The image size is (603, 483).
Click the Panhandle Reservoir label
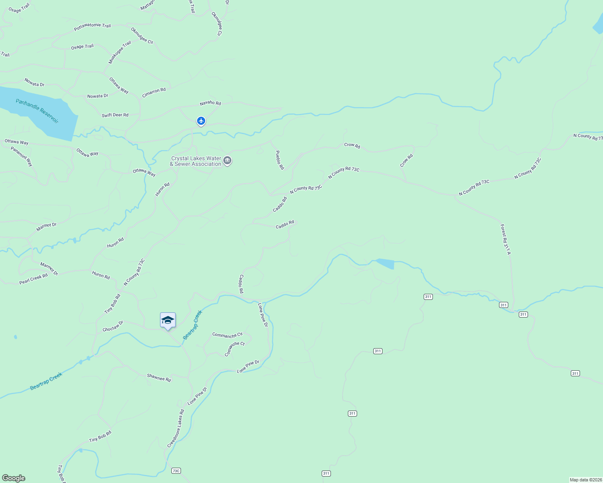click(x=37, y=111)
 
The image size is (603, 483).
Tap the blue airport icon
click(x=201, y=121)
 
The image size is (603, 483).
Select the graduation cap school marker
click(x=168, y=320)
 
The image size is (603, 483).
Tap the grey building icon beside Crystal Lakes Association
click(x=228, y=161)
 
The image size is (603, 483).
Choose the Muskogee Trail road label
click(x=120, y=53)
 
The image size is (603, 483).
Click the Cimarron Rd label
click(x=154, y=93)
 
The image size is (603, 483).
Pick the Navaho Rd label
click(x=210, y=103)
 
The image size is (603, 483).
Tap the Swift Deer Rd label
click(x=115, y=115)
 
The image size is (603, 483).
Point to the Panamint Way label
click(x=21, y=157)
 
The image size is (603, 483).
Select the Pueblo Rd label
click(x=280, y=160)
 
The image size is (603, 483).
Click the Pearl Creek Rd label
click(x=33, y=279)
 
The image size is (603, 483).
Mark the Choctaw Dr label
click(x=113, y=326)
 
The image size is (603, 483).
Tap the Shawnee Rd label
click(x=159, y=378)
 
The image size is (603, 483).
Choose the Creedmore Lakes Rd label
click(x=176, y=428)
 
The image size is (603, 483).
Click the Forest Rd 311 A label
click(x=505, y=239)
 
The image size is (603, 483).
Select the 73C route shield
click(x=176, y=471)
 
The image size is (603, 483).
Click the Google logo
click(x=14, y=478)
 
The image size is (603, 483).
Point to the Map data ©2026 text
click(x=585, y=480)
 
